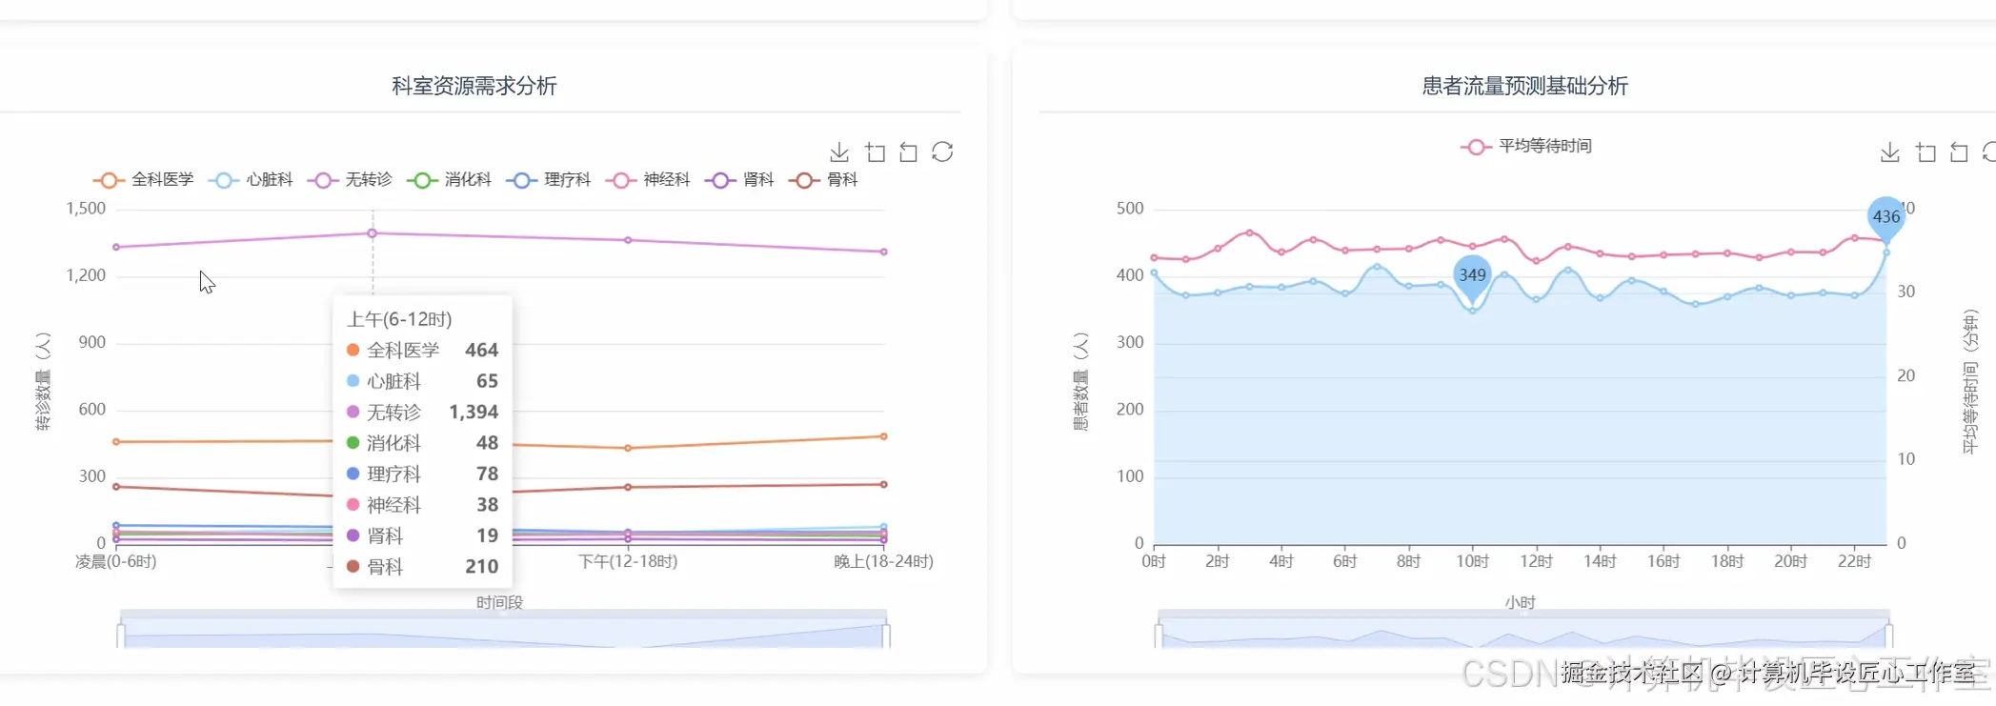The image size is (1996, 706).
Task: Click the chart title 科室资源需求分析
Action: [474, 86]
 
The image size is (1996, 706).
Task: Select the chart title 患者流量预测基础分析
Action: [1524, 86]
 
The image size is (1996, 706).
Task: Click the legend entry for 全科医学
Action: [144, 180]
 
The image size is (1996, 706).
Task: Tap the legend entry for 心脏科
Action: [253, 180]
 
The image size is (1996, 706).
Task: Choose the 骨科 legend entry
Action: [826, 180]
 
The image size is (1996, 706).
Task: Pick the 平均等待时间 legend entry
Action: [1526, 147]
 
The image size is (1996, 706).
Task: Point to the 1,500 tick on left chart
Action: [86, 209]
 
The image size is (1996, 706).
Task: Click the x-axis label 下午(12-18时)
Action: [628, 561]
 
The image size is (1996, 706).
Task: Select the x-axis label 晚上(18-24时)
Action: [883, 561]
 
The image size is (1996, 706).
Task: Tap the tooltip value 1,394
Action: [474, 412]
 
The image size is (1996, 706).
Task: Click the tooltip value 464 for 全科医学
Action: [481, 351]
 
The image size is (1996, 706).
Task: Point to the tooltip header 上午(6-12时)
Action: [399, 319]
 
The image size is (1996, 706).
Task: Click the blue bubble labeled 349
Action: [1472, 274]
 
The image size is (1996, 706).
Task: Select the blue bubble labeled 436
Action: [1885, 216]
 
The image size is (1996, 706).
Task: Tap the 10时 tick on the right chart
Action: [1472, 561]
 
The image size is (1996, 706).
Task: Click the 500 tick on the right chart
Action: [1130, 209]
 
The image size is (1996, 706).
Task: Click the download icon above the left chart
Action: [839, 152]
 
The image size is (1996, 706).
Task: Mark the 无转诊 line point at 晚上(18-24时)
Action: [884, 252]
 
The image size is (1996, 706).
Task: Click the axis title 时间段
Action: [499, 602]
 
